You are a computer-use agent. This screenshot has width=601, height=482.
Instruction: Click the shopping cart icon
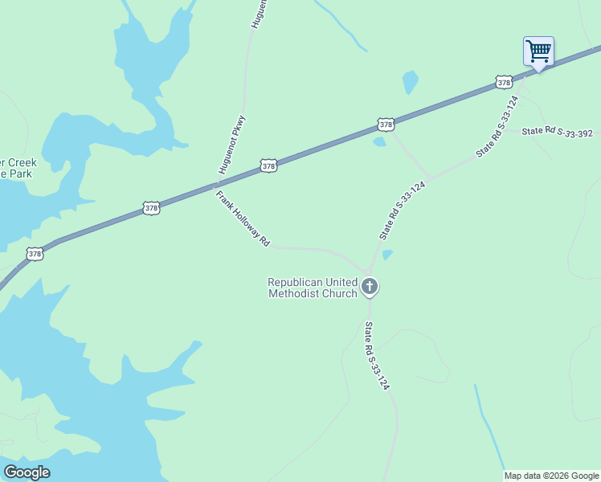[x=538, y=51]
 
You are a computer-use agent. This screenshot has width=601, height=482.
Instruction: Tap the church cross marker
[x=370, y=286]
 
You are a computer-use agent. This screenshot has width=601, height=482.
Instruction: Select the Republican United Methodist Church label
[x=312, y=288]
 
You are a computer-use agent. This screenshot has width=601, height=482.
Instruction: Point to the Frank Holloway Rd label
[x=242, y=219]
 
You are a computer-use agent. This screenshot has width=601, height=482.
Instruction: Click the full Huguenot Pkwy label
[x=232, y=145]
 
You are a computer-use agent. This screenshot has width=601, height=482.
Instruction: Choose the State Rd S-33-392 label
[x=557, y=132]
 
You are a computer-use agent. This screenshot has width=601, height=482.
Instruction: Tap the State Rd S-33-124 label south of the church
[x=377, y=356]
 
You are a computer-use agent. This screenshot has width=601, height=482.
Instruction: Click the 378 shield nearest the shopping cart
[x=504, y=83]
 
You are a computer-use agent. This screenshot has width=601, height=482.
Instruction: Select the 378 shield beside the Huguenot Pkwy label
[x=269, y=166]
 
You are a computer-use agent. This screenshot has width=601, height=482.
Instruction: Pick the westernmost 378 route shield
[x=35, y=254]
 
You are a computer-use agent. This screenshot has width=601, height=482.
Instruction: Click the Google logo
[x=27, y=472]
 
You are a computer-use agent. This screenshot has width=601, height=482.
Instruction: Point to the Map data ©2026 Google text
[x=551, y=476]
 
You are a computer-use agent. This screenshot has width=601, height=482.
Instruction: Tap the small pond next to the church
[x=387, y=255]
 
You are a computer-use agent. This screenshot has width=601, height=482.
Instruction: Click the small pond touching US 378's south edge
[x=379, y=142]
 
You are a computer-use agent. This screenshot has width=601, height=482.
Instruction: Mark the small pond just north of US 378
[x=410, y=82]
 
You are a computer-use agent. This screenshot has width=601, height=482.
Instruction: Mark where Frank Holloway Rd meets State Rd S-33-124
[x=366, y=269]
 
